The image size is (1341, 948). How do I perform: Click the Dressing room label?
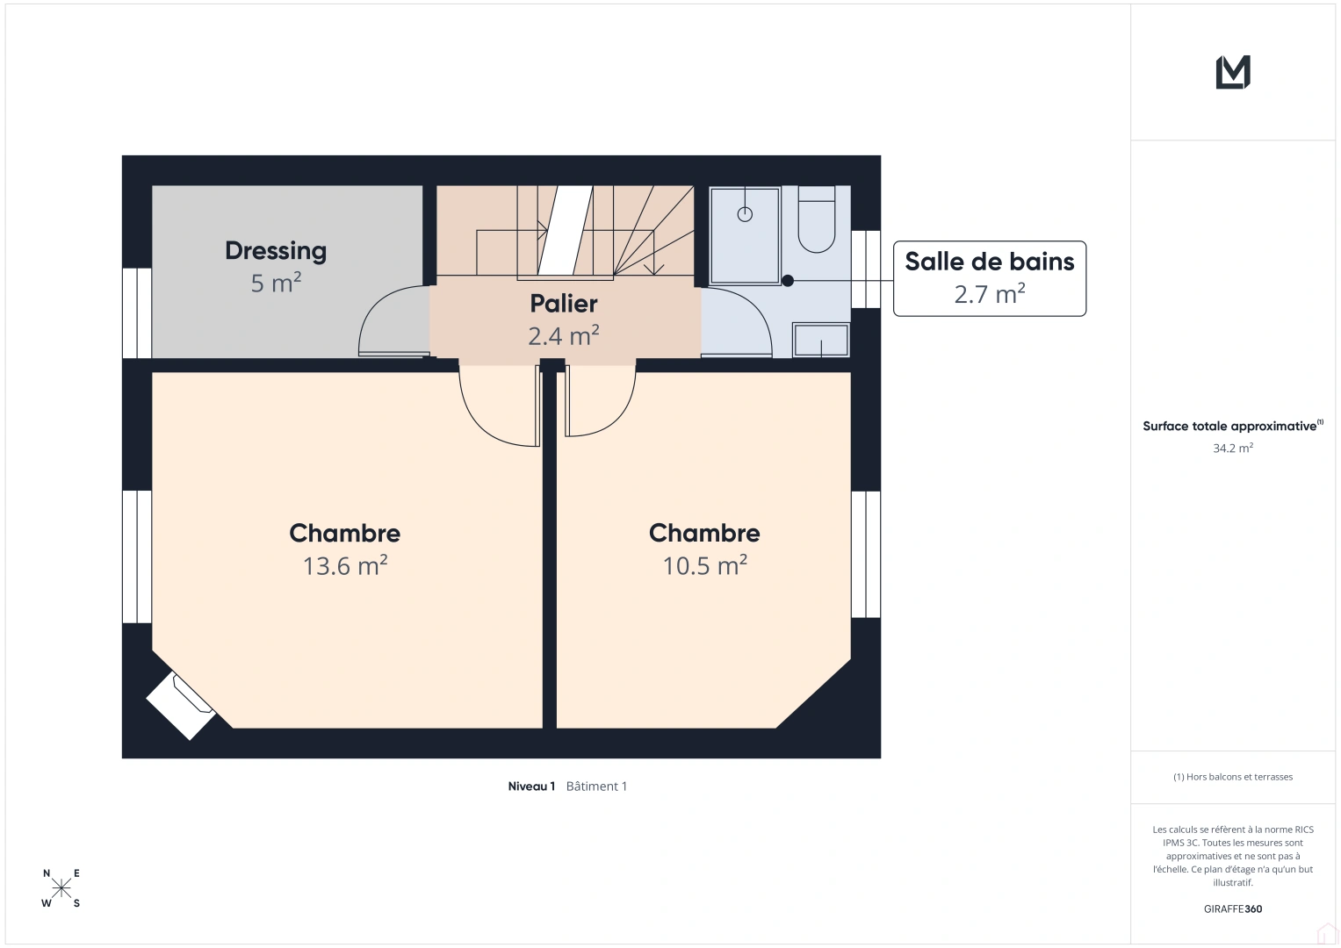pyautogui.click(x=276, y=251)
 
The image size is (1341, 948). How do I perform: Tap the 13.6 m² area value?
pyautogui.click(x=345, y=565)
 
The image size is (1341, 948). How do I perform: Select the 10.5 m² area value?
pyautogui.click(x=704, y=565)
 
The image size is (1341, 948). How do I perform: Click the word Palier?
pyautogui.click(x=564, y=304)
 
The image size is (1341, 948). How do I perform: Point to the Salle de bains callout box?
pyautogui.click(x=989, y=278)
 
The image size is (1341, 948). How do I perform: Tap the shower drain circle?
pyautogui.click(x=745, y=214)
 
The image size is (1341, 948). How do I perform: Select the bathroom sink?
pyautogui.click(x=821, y=340)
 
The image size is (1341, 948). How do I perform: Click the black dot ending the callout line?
pyautogui.click(x=788, y=281)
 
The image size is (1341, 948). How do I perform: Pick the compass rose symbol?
pyautogui.click(x=61, y=888)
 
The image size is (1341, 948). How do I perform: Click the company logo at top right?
pyautogui.click(x=1232, y=72)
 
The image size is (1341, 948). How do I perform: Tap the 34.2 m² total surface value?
pyautogui.click(x=1232, y=448)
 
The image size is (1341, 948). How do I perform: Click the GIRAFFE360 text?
pyautogui.click(x=1232, y=908)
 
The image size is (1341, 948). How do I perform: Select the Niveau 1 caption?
pyautogui.click(x=531, y=786)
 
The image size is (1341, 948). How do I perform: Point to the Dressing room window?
pyautogui.click(x=137, y=312)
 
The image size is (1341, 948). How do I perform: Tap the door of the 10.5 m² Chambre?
pyautogui.click(x=602, y=404)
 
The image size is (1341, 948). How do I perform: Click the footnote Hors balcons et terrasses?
pyautogui.click(x=1232, y=777)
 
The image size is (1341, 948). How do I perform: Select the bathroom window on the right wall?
pyautogui.click(x=866, y=269)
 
